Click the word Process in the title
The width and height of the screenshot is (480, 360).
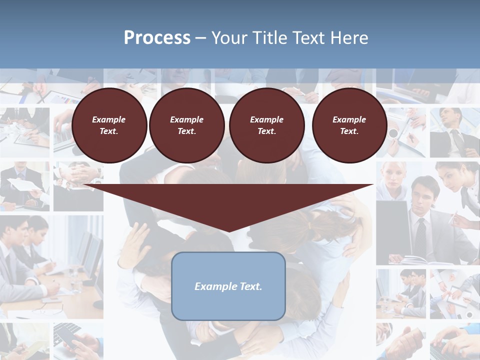pos(157,38)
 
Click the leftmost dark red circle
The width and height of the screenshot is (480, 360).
pos(109,125)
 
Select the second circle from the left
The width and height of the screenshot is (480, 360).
pos(186,125)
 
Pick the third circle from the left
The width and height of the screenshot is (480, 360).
pos(266,125)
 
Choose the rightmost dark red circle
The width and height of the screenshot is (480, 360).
pos(349,125)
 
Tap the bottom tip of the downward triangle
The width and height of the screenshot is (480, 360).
pos(228,231)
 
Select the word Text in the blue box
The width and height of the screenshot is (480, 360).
pos(251,286)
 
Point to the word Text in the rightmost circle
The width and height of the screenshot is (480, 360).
pos(349,131)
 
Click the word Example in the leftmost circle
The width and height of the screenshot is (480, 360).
pos(109,119)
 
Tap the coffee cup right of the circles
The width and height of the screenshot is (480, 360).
pos(393,133)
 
